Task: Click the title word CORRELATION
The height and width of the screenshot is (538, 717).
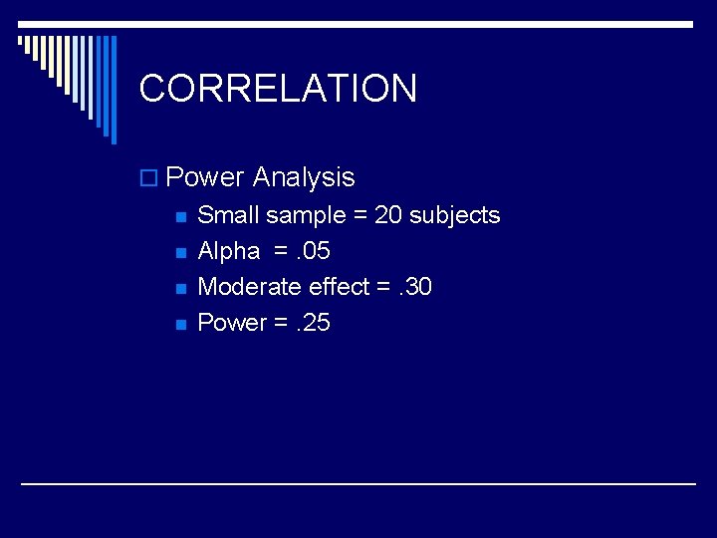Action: point(278,89)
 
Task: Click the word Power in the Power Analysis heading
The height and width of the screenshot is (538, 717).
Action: point(205,177)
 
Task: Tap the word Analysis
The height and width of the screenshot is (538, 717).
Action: point(304,177)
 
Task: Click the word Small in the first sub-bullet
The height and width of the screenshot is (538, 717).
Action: point(227,215)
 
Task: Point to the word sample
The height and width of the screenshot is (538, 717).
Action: point(307,216)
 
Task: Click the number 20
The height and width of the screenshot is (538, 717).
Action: point(387,215)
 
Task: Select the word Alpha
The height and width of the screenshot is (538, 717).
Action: point(229,251)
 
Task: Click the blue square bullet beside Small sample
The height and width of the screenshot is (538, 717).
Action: point(179,217)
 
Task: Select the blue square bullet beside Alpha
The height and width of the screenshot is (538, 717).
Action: point(179,253)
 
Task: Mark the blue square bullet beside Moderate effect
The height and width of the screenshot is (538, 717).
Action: point(179,289)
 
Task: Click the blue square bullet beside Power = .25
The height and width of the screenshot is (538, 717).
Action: point(179,325)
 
